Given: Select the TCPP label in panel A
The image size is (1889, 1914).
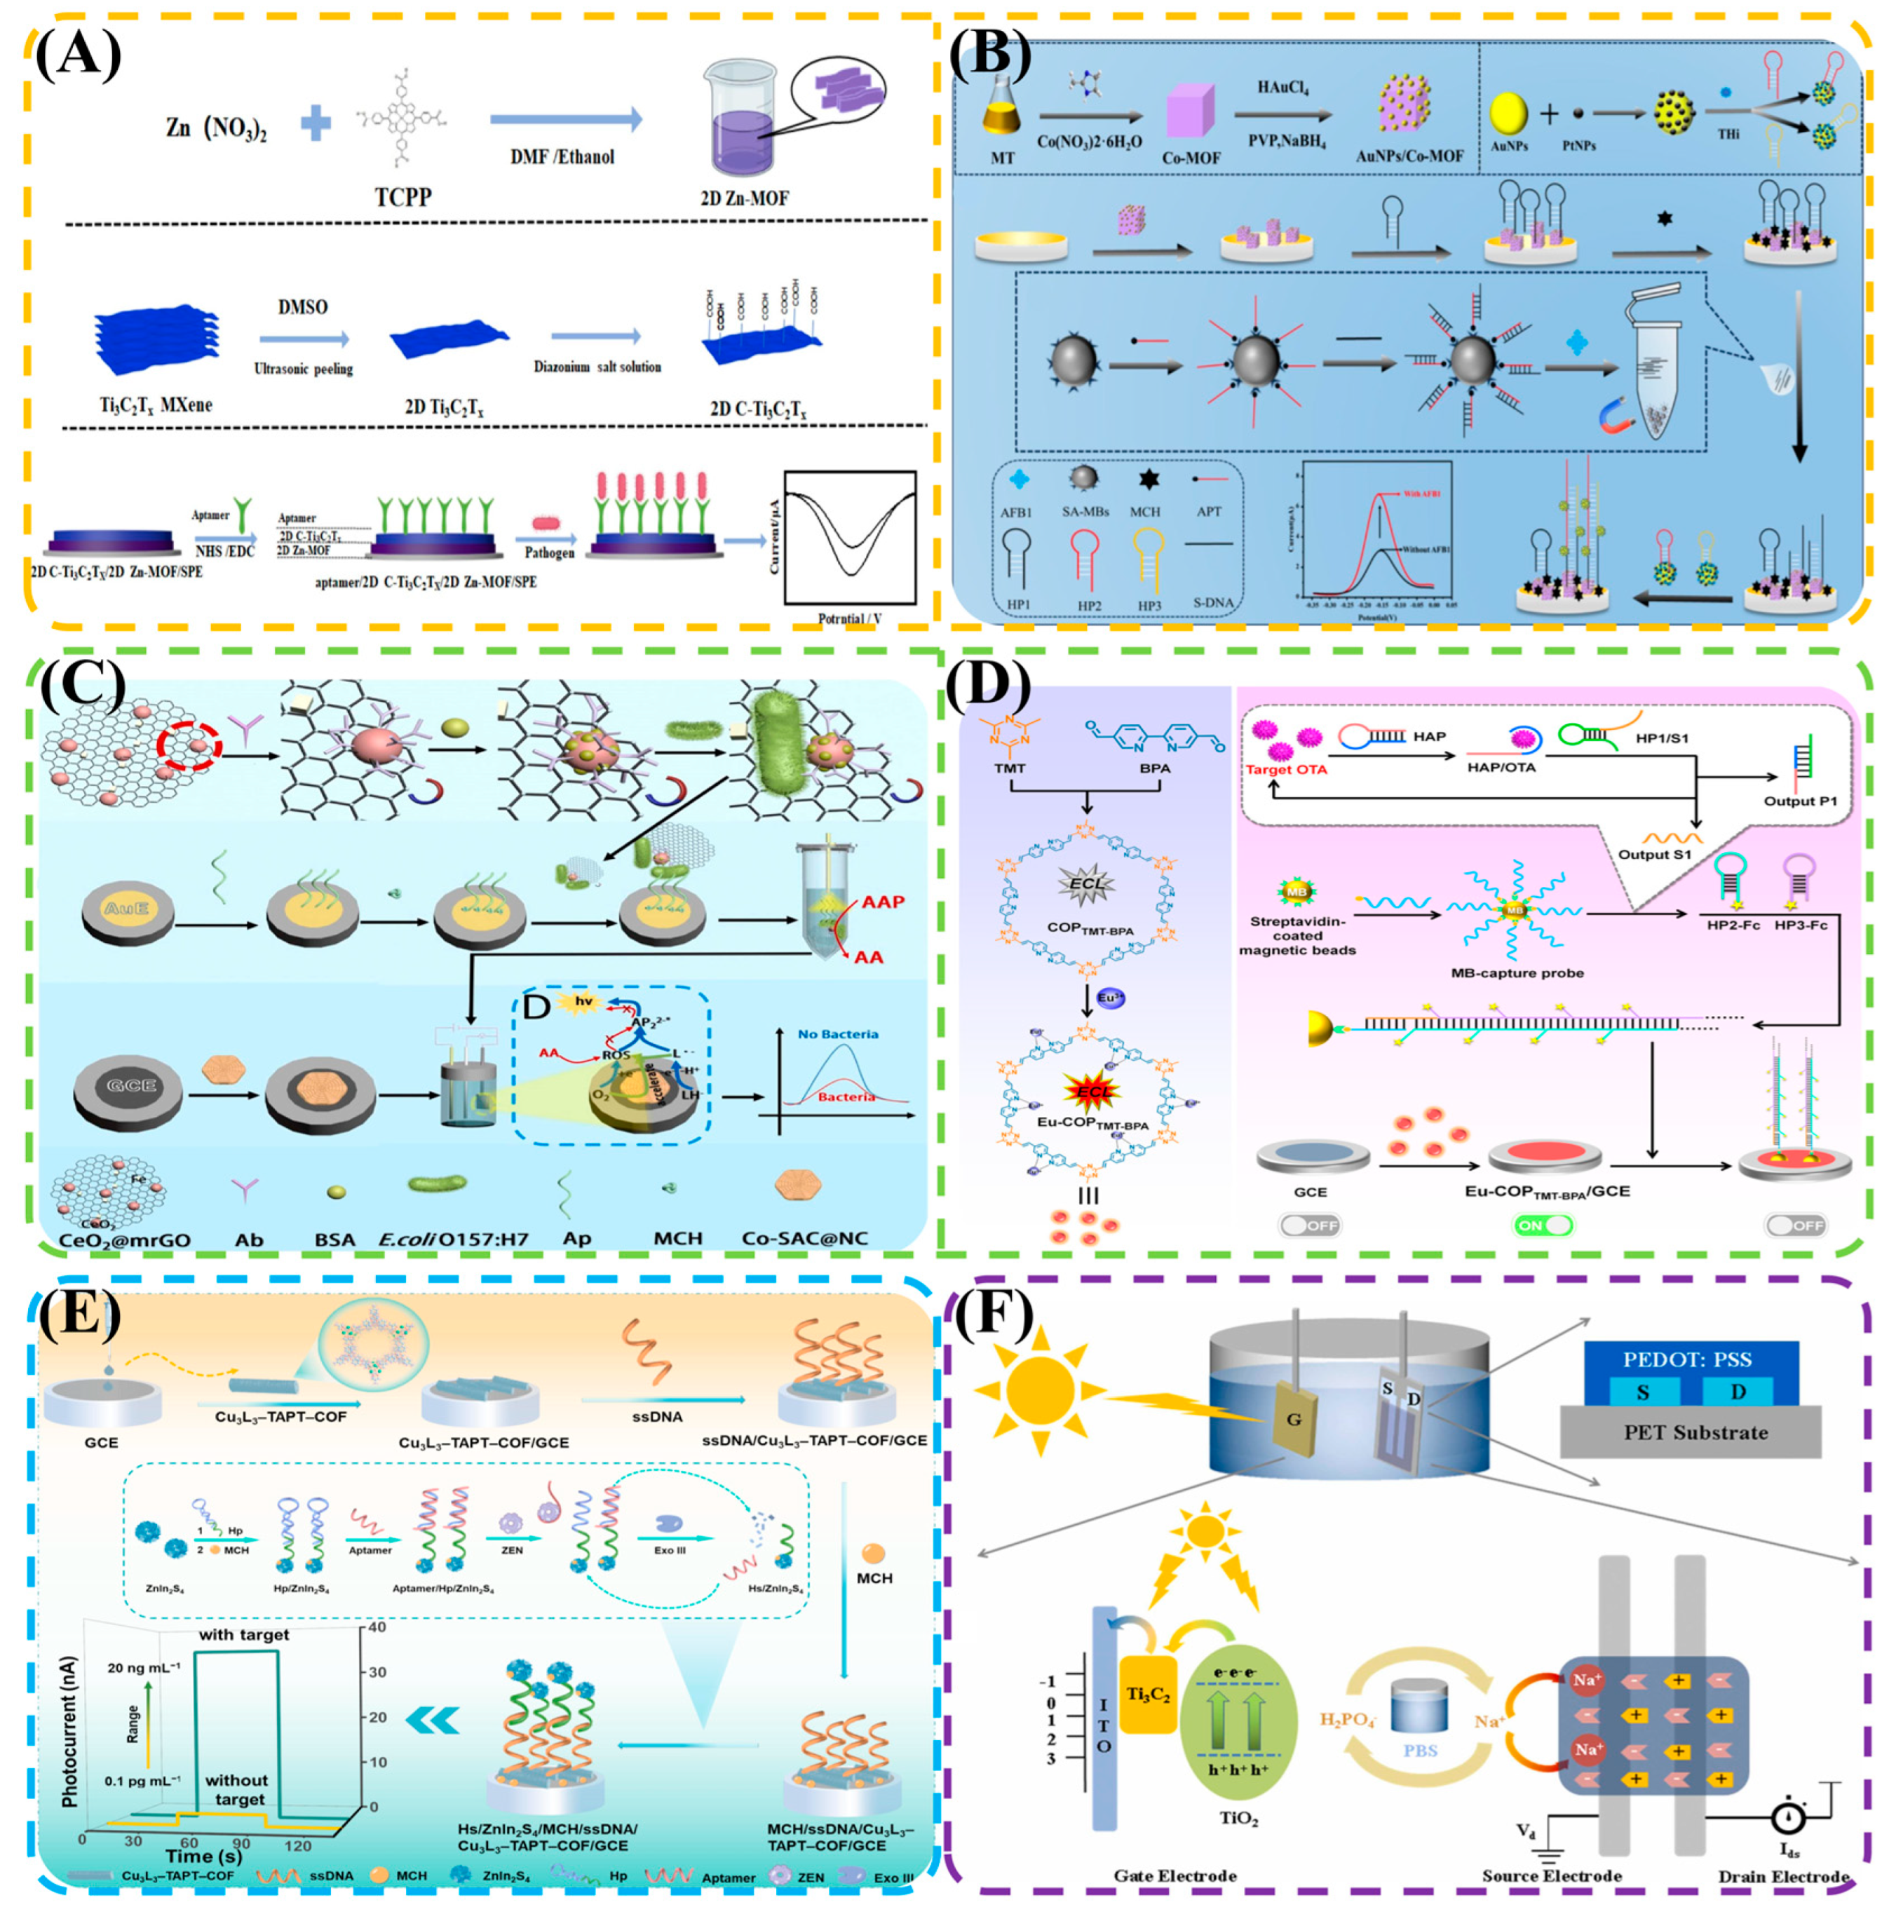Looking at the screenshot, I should (x=403, y=196).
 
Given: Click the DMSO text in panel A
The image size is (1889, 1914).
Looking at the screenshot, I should (x=302, y=307).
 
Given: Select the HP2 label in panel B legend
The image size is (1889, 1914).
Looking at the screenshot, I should (x=1090, y=604).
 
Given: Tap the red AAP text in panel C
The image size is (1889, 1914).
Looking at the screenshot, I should (x=883, y=902).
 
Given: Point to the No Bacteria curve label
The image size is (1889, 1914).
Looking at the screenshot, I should (x=837, y=1033).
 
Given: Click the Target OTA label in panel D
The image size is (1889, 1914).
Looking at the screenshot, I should (x=1287, y=770).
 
